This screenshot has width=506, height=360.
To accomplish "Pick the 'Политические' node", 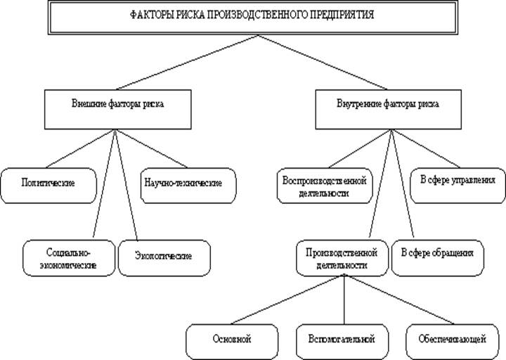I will [48, 184].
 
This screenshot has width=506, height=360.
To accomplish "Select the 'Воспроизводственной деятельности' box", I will [324, 185].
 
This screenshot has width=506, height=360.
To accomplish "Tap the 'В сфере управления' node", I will [458, 181].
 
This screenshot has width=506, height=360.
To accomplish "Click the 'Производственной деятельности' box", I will [342, 258].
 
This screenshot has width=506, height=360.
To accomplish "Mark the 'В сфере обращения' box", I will [436, 252].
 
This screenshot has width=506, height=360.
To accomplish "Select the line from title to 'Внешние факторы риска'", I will [183, 61].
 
